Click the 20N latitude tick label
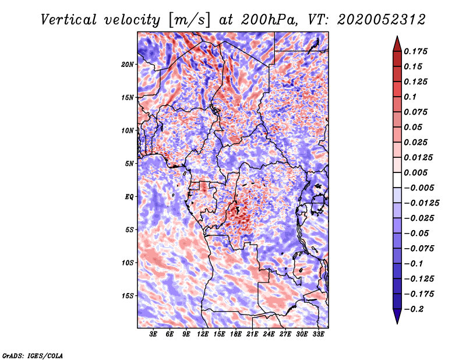tap(128, 64)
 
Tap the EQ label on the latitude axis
tap(129, 197)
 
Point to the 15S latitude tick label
tap(128, 296)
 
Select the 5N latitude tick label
tap(129, 164)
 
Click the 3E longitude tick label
tap(154, 334)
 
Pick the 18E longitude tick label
tap(236, 334)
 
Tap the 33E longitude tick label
tap(318, 334)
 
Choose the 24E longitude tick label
tap(269, 334)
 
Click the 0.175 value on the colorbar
tap(417, 51)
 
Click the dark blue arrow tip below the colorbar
tap(397, 319)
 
